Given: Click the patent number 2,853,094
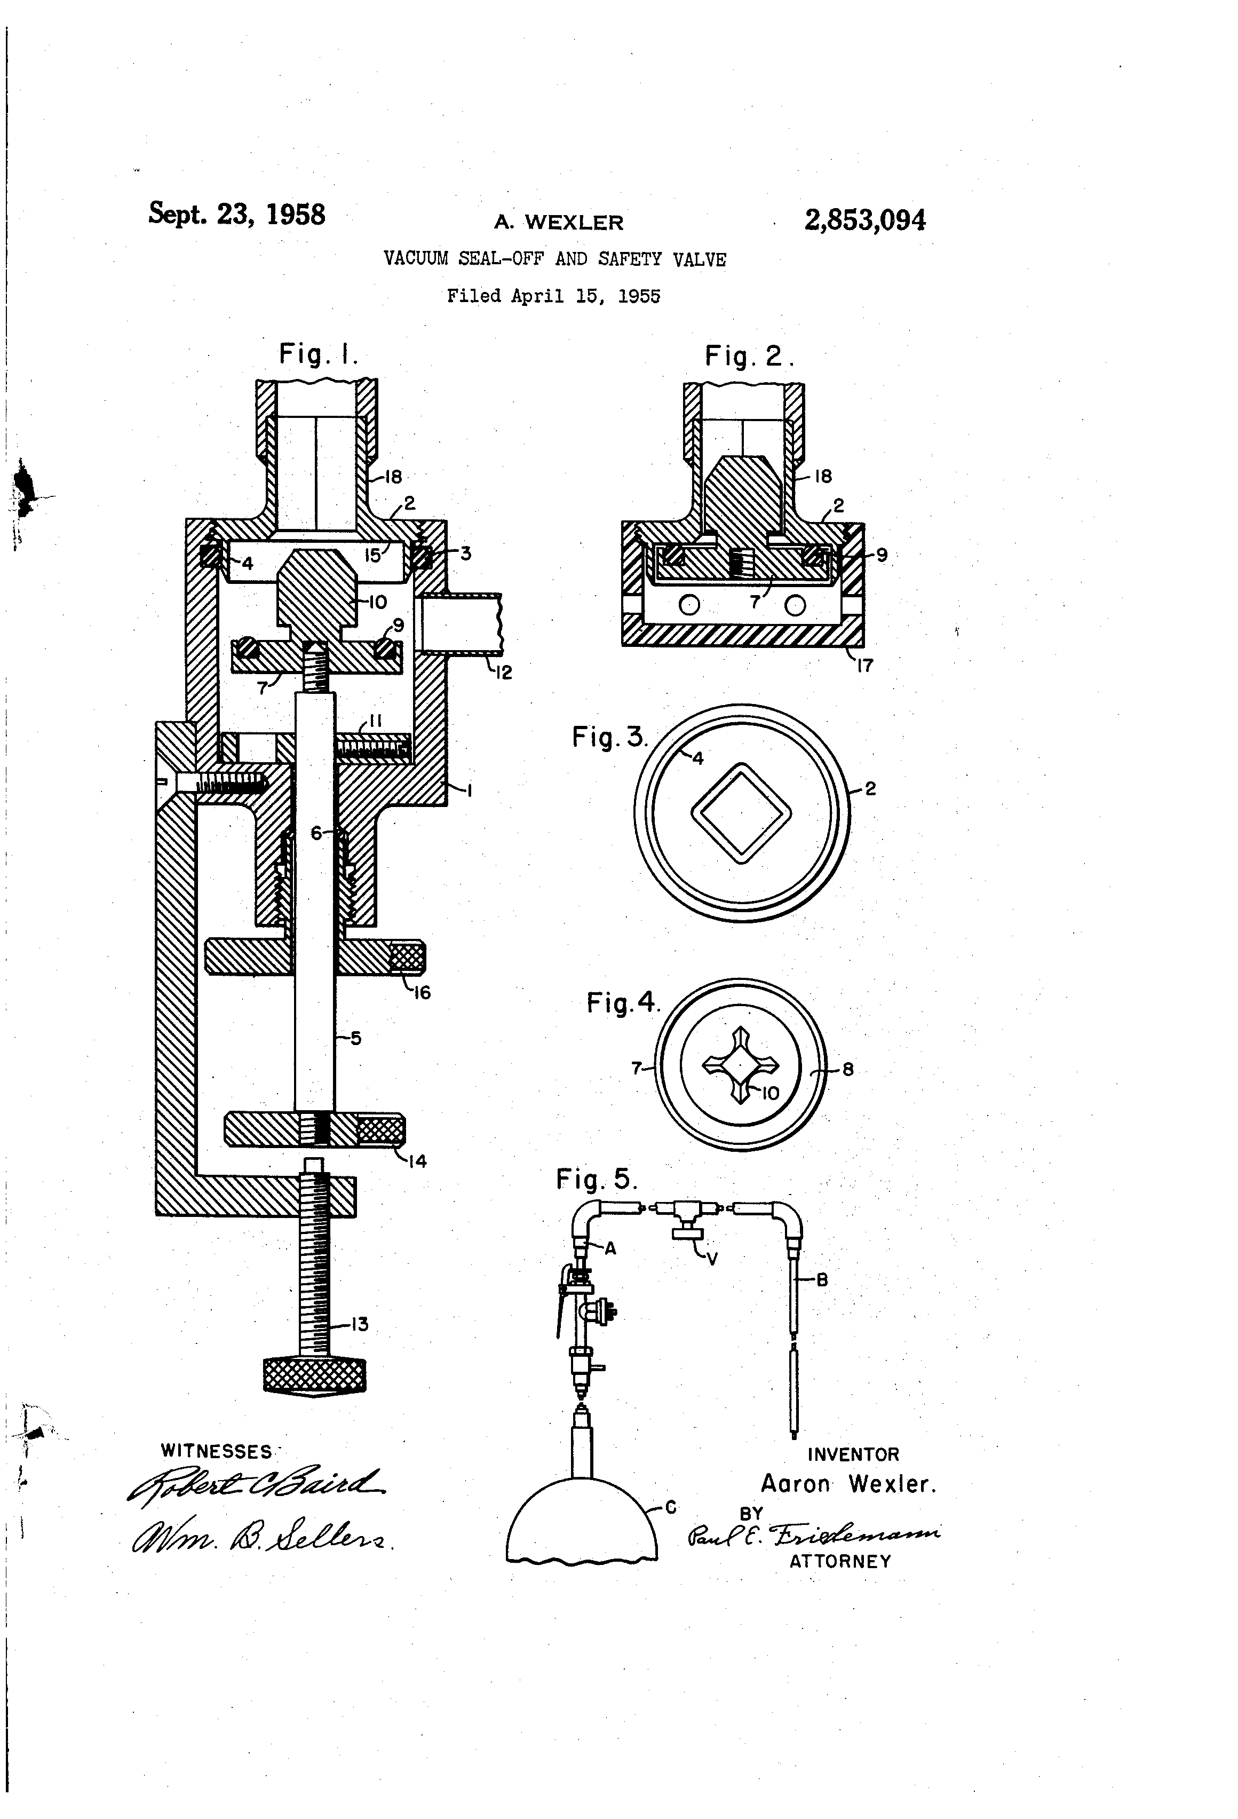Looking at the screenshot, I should (x=864, y=220).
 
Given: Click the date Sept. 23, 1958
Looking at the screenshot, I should (x=236, y=213).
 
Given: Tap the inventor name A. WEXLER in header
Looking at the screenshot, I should (x=558, y=222).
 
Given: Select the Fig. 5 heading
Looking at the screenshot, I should (x=596, y=1179).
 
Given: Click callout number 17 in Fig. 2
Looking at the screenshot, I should (x=864, y=666).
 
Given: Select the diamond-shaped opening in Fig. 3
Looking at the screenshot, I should (x=740, y=813).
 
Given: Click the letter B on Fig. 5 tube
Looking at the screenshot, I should (x=822, y=1280).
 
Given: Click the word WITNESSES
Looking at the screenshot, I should (x=216, y=1452).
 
